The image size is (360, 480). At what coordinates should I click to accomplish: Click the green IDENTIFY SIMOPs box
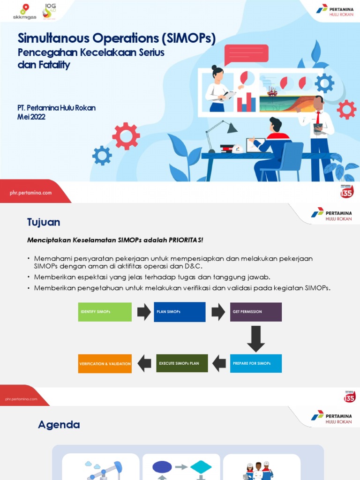[x=105, y=312]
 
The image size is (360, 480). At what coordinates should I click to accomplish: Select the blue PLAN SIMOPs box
[x=180, y=312]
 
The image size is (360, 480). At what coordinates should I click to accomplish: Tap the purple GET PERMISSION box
[x=256, y=312]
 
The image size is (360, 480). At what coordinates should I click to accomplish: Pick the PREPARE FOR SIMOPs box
[x=256, y=363]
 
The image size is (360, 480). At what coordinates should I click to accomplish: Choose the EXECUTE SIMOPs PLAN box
[x=182, y=363]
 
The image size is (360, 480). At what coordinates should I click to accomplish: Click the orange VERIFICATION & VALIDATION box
[x=105, y=364]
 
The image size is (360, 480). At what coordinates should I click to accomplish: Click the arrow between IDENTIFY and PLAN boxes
[x=143, y=312]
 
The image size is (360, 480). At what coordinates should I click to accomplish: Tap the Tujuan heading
[x=44, y=222]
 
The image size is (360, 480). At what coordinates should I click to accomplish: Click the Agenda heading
[x=59, y=425]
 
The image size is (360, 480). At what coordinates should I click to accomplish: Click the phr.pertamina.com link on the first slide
[x=30, y=193]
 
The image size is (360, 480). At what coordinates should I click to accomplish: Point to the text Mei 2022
[x=31, y=117]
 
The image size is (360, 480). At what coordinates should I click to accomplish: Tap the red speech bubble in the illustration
[x=246, y=54]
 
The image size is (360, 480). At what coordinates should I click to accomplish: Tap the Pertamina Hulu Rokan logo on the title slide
[x=334, y=10]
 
